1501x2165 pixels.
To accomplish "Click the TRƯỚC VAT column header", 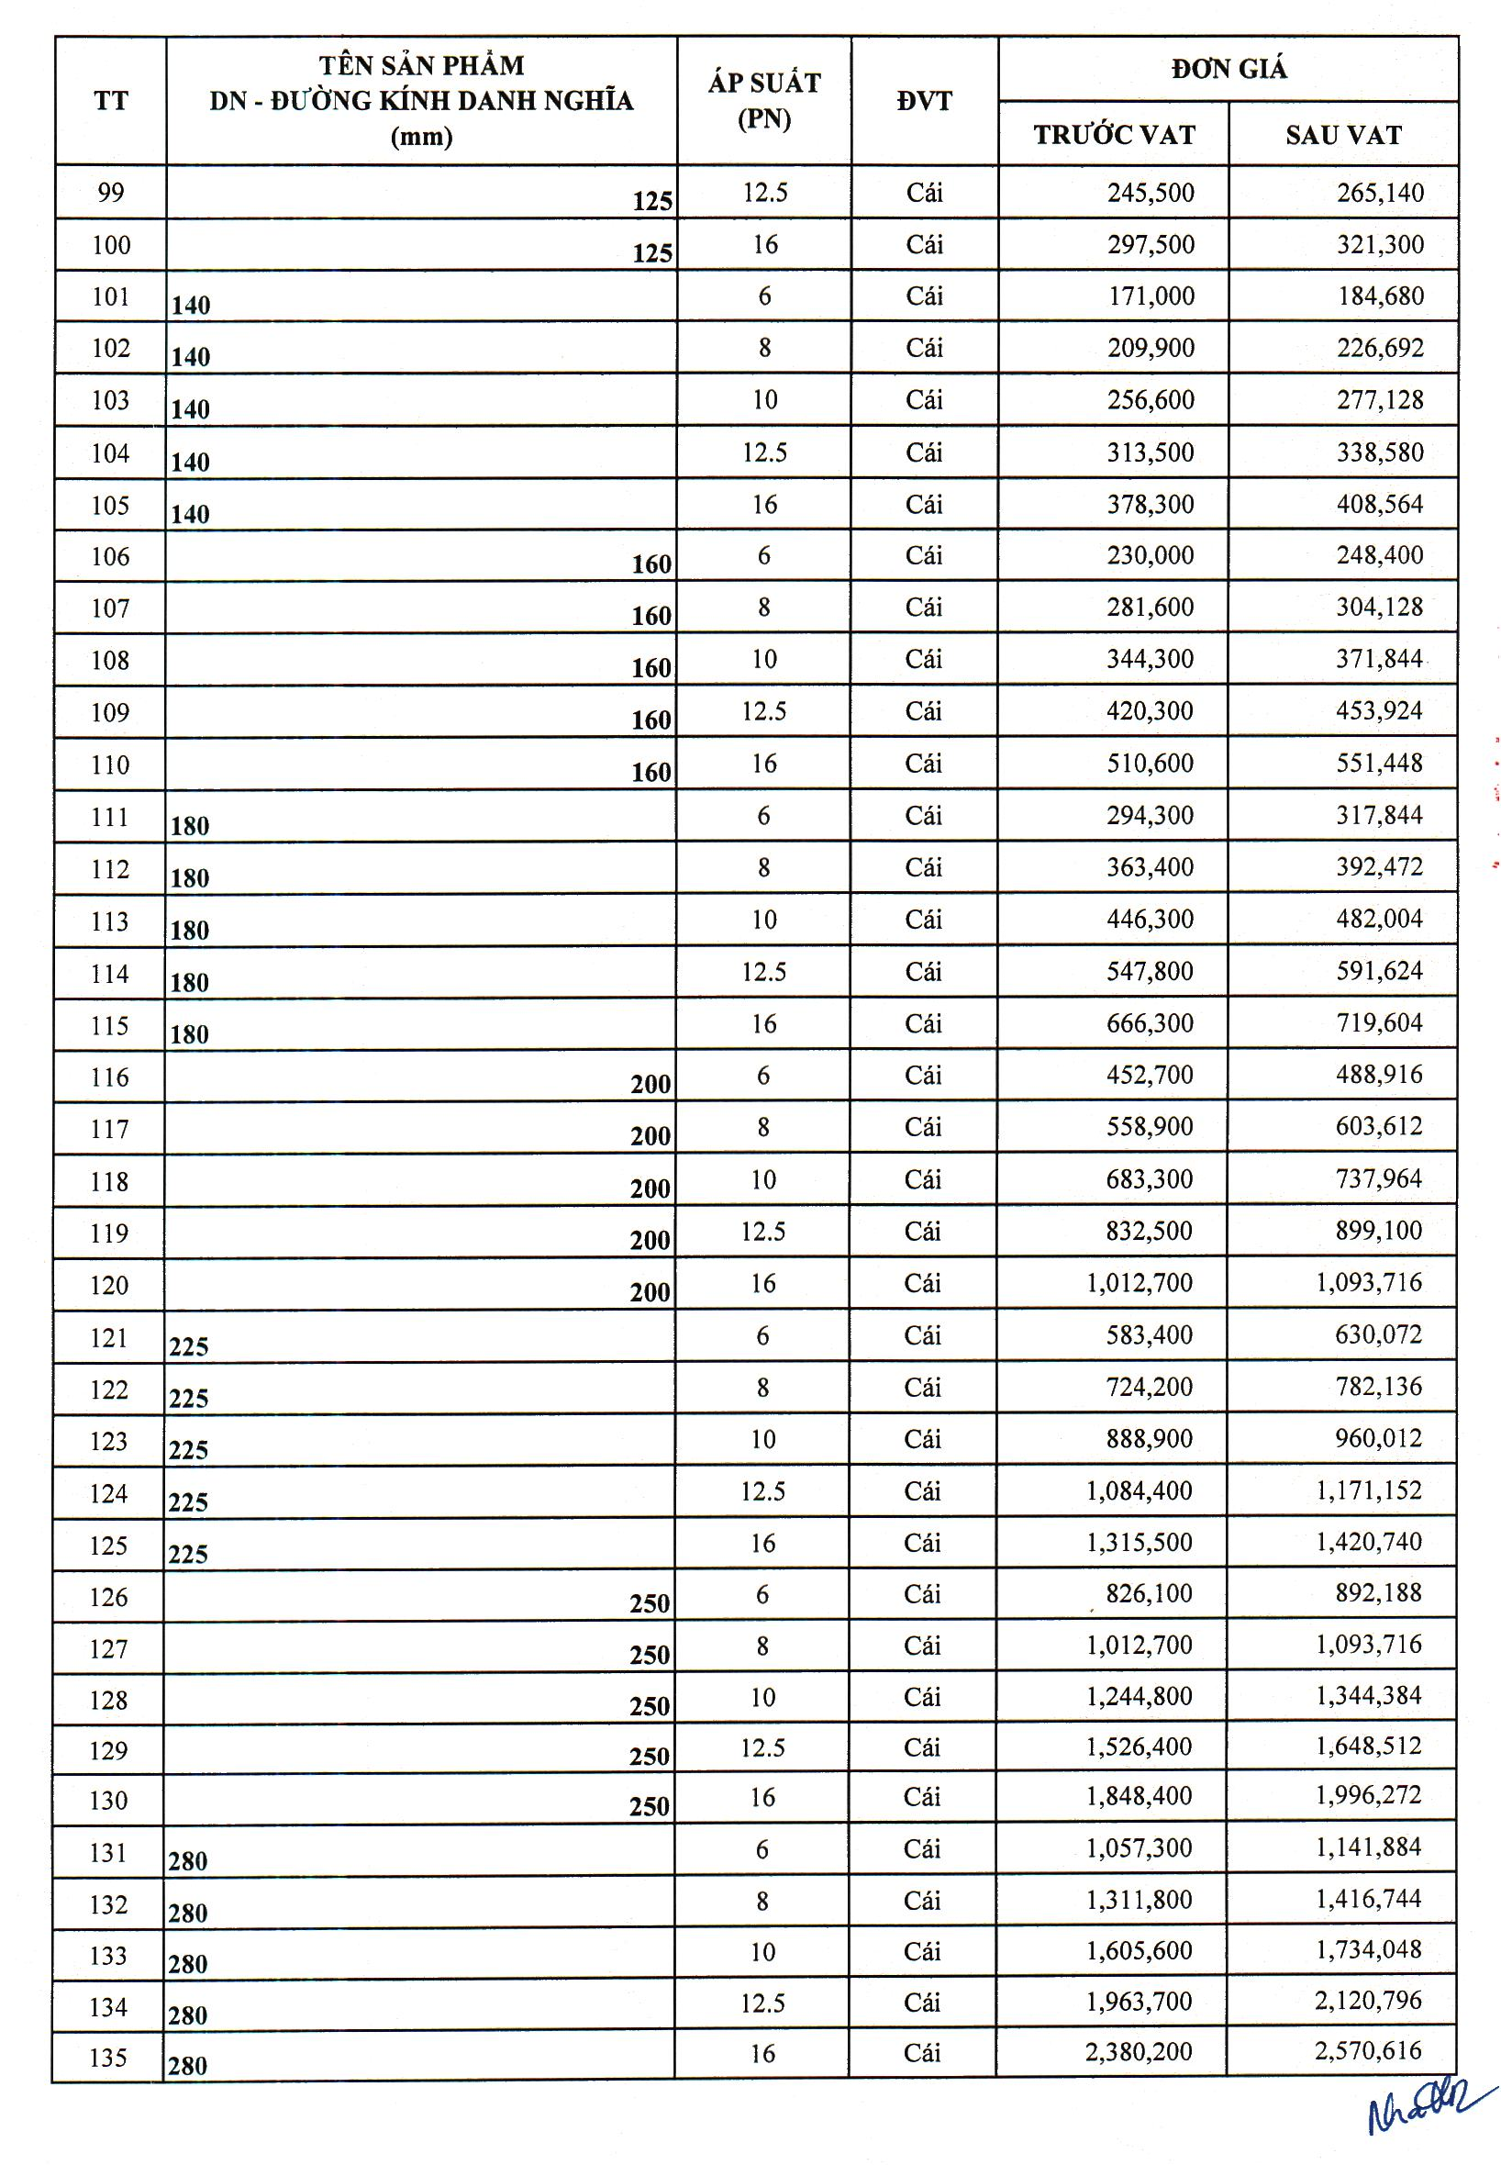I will (x=1114, y=135).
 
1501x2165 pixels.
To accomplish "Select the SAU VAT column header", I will (x=1343, y=135).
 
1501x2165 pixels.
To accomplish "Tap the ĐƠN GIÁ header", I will (x=1229, y=69).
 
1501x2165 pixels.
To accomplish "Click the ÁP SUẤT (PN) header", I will (x=763, y=101).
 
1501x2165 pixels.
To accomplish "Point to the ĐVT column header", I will (x=924, y=101).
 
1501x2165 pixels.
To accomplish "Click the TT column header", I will (x=110, y=101).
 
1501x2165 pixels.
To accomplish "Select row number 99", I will (x=110, y=193).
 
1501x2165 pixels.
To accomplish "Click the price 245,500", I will (x=1151, y=193).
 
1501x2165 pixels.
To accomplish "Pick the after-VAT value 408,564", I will (x=1380, y=504).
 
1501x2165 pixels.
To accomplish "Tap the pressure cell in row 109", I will (x=762, y=711).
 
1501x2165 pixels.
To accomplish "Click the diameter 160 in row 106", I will (x=650, y=564).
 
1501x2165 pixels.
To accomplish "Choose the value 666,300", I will (x=1150, y=1023).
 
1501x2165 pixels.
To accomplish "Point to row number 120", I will (x=109, y=1285).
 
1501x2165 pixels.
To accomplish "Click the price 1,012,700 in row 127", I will (x=1139, y=1645).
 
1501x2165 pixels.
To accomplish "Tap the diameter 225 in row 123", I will (x=188, y=1449).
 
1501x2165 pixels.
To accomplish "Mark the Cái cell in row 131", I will (x=922, y=1849).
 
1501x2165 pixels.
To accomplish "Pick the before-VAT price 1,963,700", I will (x=1139, y=2001).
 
